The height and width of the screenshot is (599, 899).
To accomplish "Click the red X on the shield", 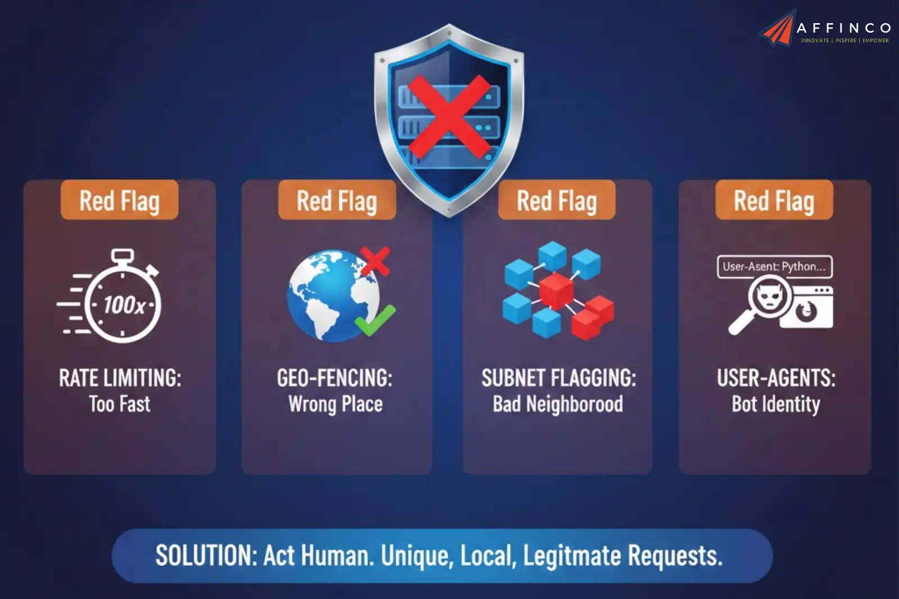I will coord(449,116).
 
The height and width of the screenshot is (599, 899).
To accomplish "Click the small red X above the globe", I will coord(375,261).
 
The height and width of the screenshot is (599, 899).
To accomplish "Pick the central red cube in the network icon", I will coord(556,290).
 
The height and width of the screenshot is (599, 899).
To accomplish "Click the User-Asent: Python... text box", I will coord(774,267).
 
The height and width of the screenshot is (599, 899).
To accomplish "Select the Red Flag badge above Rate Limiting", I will coord(119,201).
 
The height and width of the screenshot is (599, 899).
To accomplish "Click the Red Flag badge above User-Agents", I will coord(774,201).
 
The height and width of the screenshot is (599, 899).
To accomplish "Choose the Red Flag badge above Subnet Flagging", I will coord(556,201).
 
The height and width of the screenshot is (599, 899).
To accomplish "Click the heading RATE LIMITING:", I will coord(120,378).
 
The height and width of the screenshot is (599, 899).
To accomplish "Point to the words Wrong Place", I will coord(335,404).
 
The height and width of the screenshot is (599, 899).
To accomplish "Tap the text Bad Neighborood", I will coord(558,404).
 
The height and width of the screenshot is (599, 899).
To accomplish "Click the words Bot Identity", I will coord(775,404).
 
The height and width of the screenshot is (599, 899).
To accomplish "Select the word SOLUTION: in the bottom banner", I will coord(206,556).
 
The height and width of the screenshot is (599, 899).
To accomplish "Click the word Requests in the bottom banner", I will coord(674,556).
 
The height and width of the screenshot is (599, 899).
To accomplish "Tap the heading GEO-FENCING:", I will coord(335,378).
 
